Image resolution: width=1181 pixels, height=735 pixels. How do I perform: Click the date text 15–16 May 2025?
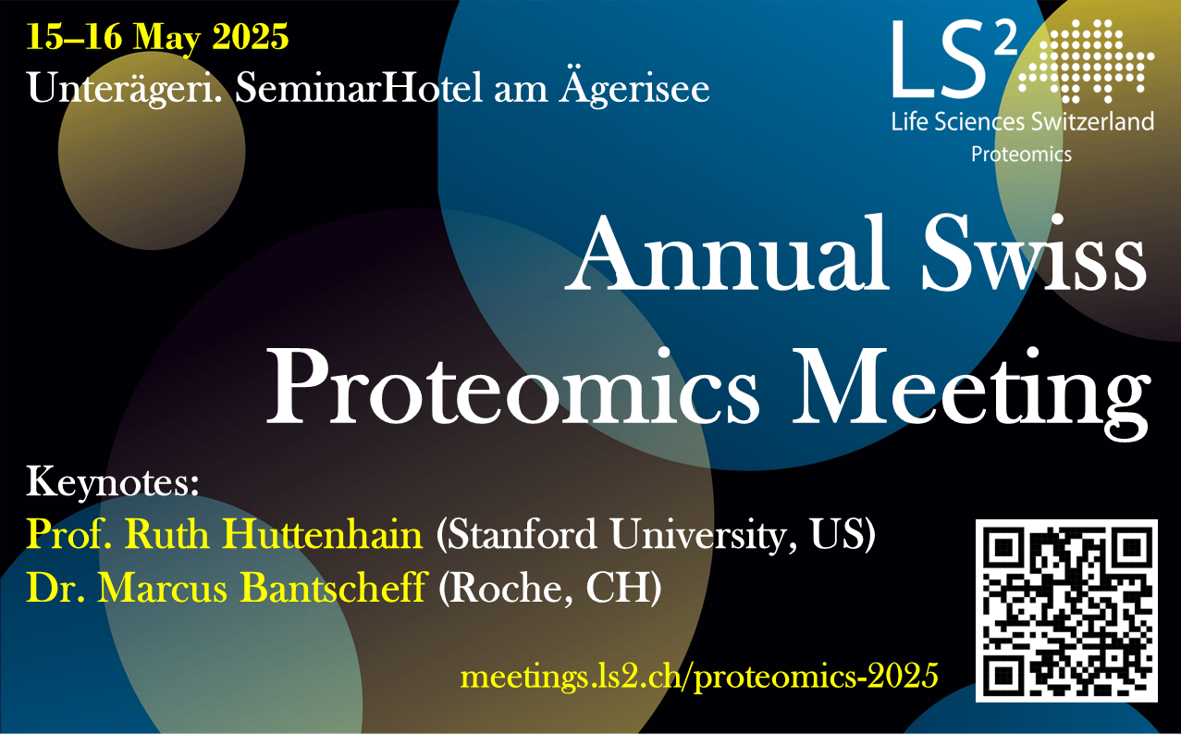(157, 38)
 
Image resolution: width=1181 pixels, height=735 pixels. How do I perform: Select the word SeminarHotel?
(359, 88)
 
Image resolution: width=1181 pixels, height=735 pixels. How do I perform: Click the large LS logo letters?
(954, 59)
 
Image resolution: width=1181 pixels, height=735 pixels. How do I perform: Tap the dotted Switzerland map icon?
(1087, 61)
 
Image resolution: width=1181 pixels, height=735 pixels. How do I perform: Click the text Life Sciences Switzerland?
(1022, 122)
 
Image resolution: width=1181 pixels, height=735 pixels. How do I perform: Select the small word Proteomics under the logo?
(1021, 155)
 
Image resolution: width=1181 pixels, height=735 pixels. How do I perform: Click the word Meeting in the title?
(971, 393)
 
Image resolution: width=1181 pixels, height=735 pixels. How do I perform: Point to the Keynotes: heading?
(113, 482)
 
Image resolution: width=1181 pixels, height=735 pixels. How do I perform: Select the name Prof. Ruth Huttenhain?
(225, 534)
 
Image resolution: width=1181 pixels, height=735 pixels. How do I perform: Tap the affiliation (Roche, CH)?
(550, 589)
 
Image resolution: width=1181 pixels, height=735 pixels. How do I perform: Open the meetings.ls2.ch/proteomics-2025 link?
(699, 676)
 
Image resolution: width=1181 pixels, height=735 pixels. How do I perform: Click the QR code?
(1066, 611)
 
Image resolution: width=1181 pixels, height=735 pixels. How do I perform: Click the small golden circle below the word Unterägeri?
(152, 151)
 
